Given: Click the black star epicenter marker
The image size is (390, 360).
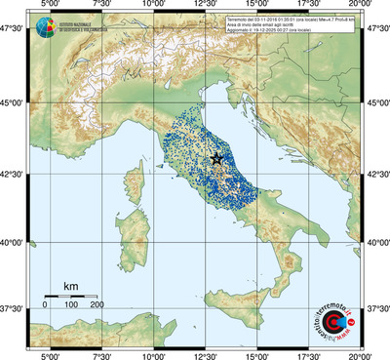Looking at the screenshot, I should pos(216,159).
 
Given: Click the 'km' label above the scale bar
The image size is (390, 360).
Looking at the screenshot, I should pos(70,285).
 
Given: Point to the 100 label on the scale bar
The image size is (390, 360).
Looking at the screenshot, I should pos(72,305).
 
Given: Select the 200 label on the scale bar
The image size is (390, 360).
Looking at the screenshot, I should pos(97,305).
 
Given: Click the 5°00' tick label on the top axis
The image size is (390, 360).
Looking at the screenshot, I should pos(49,7).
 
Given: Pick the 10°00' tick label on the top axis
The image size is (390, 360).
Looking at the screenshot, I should pos(153,7).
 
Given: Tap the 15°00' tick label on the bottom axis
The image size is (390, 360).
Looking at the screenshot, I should pos(258,355).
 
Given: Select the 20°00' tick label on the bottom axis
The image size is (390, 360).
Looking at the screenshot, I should pos(363,355).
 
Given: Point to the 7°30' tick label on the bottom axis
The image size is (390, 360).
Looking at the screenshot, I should pos(100,355).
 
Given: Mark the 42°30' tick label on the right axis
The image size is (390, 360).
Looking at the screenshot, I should pos(376,175).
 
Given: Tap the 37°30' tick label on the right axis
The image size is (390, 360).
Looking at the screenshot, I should pos(376,307).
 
